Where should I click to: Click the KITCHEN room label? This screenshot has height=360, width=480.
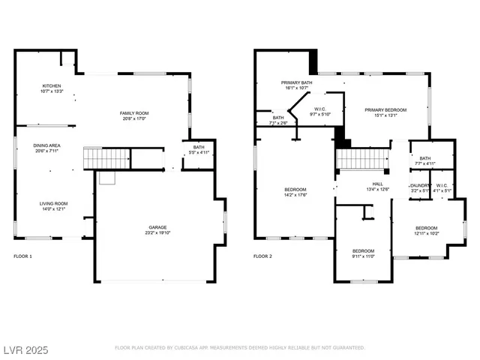pyautogui.click(x=52, y=86)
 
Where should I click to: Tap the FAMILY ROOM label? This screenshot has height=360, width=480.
pyautogui.click(x=133, y=113)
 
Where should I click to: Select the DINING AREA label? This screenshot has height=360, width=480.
pyautogui.click(x=46, y=146)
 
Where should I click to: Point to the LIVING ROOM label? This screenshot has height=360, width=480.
pyautogui.click(x=54, y=203)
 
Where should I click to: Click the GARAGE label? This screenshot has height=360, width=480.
pyautogui.click(x=157, y=227)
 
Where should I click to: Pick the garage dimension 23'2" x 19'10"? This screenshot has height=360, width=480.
pyautogui.click(x=157, y=232)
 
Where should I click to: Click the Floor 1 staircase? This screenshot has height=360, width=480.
pyautogui.click(x=97, y=158)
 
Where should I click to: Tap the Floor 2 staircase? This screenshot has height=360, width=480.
pyautogui.click(x=364, y=159)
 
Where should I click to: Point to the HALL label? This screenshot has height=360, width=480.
pyautogui.click(x=379, y=184)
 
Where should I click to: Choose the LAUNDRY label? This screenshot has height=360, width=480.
pyautogui.click(x=420, y=185)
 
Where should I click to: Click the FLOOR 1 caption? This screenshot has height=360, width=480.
pyautogui.click(x=24, y=256)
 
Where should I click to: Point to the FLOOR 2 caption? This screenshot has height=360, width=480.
pyautogui.click(x=262, y=256)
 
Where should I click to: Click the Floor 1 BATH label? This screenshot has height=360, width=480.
pyautogui.click(x=198, y=147)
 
